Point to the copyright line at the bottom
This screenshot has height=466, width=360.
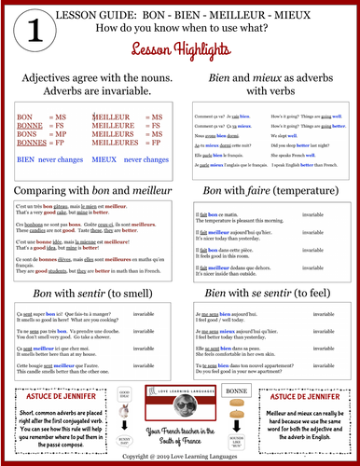(180, 457)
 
